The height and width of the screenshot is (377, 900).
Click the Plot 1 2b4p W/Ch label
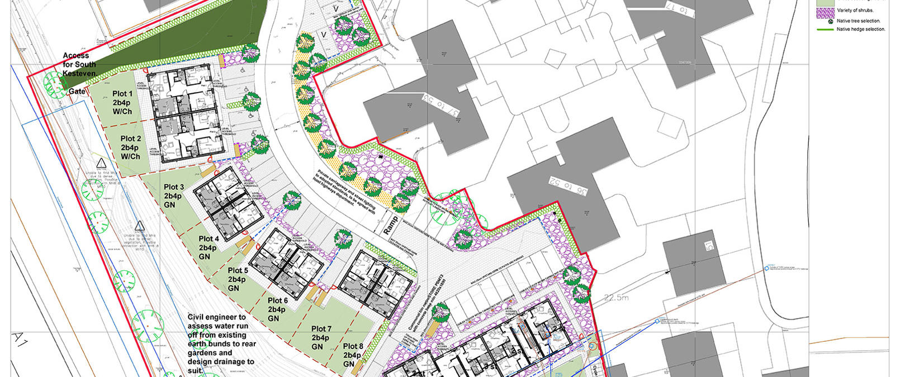122,103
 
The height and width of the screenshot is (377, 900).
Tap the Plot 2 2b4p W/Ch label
131,147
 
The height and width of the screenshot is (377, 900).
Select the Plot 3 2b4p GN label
173,196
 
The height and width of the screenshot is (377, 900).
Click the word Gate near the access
77,92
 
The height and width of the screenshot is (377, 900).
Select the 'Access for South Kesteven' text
79,65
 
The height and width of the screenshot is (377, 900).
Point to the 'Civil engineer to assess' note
221,343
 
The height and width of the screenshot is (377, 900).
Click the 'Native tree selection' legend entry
858,21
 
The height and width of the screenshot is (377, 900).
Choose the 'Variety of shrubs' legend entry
855,11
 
